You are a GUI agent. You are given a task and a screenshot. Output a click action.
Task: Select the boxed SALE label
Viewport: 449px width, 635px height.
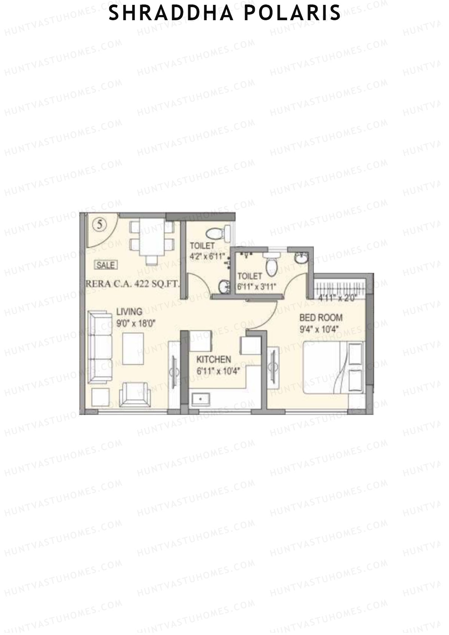[106, 265]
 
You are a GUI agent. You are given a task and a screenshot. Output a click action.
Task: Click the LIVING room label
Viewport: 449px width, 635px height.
[129, 311]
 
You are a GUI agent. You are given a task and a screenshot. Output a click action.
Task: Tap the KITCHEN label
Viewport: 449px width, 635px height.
[214, 360]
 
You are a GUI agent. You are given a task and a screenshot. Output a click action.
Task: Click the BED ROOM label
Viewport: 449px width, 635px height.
[321, 318]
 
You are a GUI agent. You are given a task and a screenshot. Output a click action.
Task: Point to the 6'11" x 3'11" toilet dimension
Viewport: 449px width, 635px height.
[257, 287]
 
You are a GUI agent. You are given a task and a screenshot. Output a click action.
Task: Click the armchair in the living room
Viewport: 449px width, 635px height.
[135, 395]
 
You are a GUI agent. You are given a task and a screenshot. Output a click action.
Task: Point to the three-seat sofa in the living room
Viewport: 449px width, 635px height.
[100, 347]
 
